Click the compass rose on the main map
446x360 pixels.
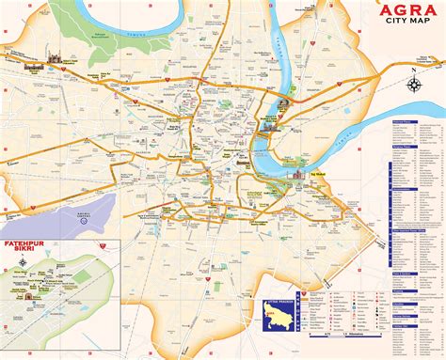(415, 83)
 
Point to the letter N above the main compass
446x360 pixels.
(415, 70)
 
